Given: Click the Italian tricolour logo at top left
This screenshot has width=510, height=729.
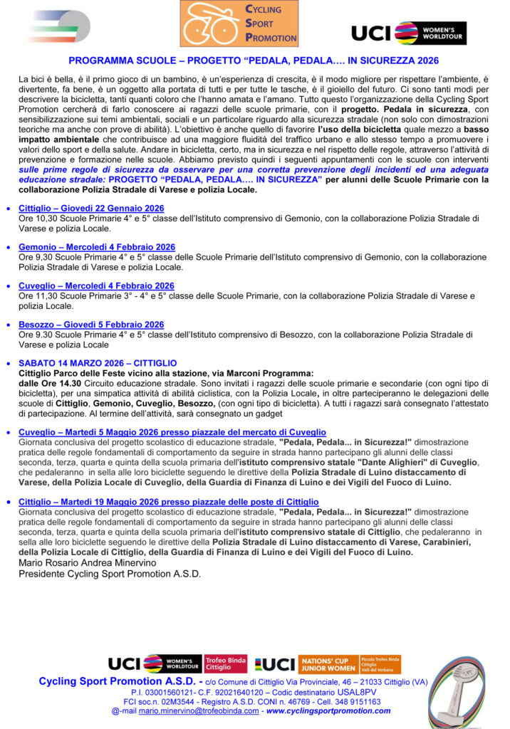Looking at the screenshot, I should (x=59, y=27).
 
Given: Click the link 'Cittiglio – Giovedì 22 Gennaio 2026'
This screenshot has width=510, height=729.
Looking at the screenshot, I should (x=91, y=208).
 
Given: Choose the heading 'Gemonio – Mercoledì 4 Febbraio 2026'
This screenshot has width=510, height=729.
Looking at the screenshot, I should (x=96, y=247).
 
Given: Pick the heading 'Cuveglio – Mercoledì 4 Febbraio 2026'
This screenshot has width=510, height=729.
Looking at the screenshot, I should (x=96, y=285).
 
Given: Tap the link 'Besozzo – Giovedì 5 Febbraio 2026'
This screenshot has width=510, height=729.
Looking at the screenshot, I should (x=91, y=324).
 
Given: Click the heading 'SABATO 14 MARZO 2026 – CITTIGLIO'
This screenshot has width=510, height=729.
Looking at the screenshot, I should (x=98, y=363).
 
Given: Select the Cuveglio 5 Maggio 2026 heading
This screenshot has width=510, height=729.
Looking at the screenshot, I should (x=172, y=432).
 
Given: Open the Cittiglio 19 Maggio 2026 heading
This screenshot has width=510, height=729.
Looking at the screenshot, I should (x=168, y=502).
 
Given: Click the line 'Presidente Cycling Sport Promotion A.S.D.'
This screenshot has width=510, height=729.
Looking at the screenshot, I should (x=110, y=573).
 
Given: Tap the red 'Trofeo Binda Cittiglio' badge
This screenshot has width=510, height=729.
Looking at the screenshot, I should (x=226, y=664).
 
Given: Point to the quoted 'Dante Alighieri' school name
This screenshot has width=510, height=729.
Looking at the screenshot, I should (x=401, y=462).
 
